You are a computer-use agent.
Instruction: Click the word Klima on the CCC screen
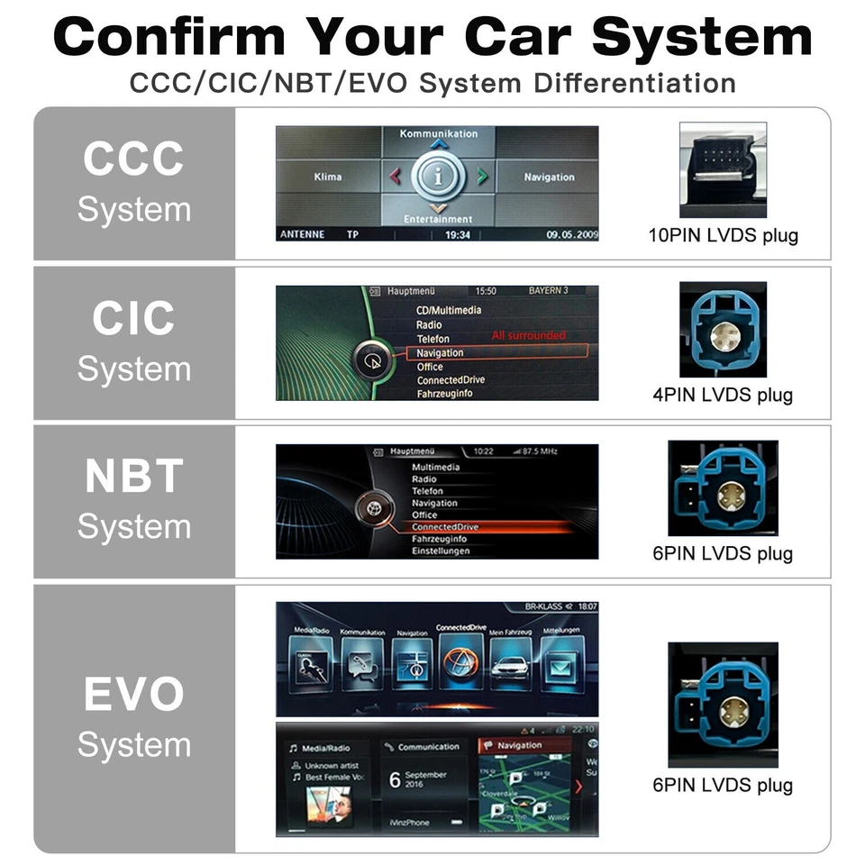[x=327, y=177]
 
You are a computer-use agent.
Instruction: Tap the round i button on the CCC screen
[x=438, y=177]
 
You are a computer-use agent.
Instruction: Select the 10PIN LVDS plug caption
[x=723, y=236]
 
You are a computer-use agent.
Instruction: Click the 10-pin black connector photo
[x=723, y=169]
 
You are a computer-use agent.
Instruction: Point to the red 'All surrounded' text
[x=529, y=335]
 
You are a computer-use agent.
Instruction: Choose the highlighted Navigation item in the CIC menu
[x=440, y=353]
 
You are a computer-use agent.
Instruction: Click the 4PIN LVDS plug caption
[x=723, y=395]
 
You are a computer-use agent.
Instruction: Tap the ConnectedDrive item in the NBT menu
[x=445, y=527]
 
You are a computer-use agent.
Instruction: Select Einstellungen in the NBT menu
[x=441, y=551]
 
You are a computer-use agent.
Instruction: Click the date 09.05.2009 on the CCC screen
[x=572, y=234]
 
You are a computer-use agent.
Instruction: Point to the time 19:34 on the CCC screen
[x=458, y=234]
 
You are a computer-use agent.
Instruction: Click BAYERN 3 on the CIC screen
[x=548, y=291]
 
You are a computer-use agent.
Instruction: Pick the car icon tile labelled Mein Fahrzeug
[x=511, y=668]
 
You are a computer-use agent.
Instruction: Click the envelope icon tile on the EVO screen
[x=561, y=668]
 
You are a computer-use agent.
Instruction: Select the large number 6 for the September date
[x=395, y=780]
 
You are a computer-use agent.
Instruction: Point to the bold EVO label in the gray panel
[x=133, y=694]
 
